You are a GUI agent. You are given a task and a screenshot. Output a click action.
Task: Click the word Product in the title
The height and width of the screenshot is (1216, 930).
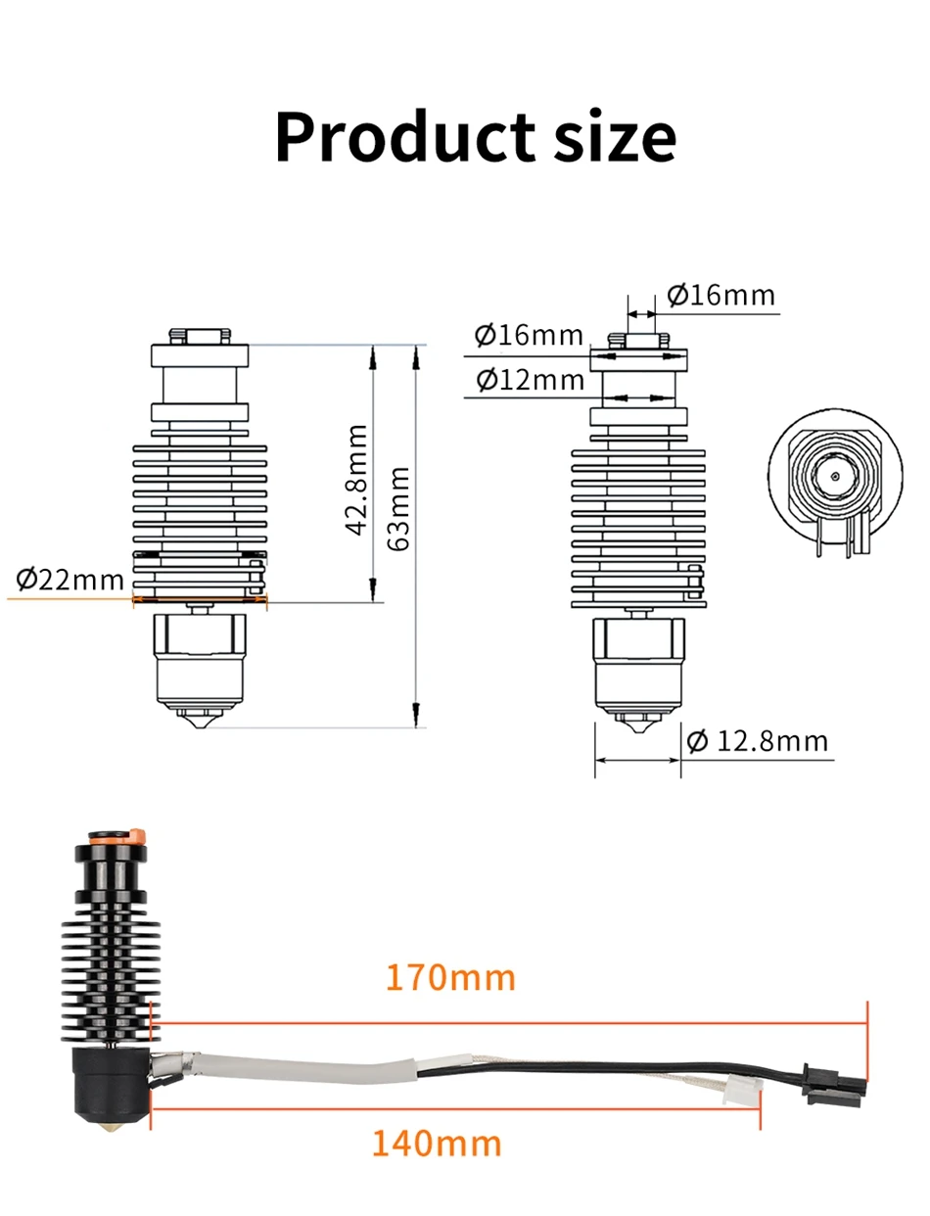pos(405,136)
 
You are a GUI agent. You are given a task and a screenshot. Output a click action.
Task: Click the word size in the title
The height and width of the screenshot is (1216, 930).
pos(615,136)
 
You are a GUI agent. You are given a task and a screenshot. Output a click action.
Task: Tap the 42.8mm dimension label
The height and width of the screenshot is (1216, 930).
pos(355,480)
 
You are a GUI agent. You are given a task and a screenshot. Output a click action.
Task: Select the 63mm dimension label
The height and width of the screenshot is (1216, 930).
pos(398,508)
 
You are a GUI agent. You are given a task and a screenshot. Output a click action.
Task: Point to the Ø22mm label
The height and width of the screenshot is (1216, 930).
pos(70,580)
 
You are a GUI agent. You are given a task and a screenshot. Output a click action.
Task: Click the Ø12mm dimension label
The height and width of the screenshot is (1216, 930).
pos(530,380)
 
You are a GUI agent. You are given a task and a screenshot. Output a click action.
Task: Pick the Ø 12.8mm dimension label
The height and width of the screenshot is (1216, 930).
pos(757,741)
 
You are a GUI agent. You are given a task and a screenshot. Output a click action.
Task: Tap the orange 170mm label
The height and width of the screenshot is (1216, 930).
pos(450,978)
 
